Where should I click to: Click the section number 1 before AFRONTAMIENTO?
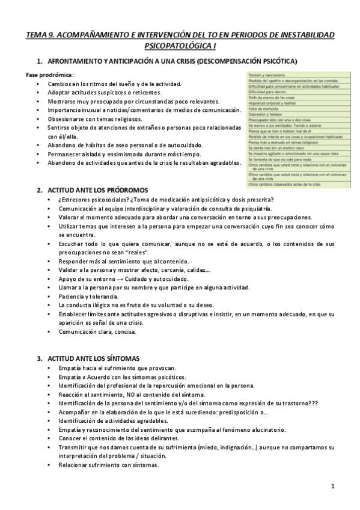pos(39,61)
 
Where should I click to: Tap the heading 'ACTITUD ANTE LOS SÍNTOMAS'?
pos(93,357)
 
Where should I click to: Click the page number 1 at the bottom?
pos(332,485)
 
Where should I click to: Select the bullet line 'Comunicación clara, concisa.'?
pos(97,331)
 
